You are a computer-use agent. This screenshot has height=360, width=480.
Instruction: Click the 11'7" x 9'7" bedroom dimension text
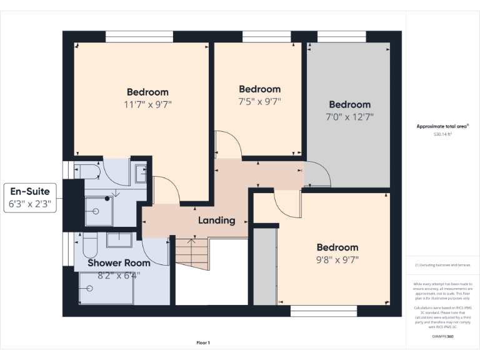[147, 104]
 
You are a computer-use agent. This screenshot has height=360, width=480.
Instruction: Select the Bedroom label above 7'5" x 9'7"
[259, 89]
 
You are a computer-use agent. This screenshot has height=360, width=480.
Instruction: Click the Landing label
[216, 220]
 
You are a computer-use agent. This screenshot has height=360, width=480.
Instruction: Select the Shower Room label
[119, 263]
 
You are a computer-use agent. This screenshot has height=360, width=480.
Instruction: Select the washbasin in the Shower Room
[119, 240]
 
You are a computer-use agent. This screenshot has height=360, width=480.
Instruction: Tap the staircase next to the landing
[190, 252]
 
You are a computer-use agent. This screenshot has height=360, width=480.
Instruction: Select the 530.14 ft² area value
[442, 134]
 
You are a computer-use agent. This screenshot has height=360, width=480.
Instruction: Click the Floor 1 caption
[203, 342]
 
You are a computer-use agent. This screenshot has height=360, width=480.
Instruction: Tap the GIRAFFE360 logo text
[442, 337]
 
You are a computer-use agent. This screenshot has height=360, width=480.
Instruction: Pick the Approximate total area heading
[442, 126]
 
